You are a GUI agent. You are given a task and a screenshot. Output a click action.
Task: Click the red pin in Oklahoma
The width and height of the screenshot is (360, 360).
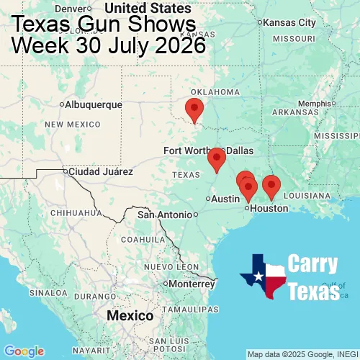[x=194, y=110]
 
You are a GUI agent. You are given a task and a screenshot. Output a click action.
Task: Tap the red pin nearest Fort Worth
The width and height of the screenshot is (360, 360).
[x=216, y=158]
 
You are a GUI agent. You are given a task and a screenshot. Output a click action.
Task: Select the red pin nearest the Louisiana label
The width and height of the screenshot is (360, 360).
[x=271, y=186]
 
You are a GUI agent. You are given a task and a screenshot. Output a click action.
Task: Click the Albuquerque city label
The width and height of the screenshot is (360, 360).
[x=93, y=104]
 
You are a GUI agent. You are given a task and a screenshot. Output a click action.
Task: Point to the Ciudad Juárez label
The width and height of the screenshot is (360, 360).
[x=100, y=172]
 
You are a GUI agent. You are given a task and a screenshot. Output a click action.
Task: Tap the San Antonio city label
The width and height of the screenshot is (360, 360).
[x=166, y=215]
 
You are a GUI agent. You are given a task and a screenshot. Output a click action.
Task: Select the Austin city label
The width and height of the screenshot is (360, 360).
[x=225, y=199]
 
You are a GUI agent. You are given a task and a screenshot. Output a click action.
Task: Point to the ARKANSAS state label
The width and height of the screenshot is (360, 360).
[x=295, y=112]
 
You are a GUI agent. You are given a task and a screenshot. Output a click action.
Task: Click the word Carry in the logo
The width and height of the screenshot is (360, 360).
[x=314, y=264]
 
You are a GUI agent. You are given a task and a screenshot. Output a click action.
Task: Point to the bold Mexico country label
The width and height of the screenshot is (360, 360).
[x=130, y=316]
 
